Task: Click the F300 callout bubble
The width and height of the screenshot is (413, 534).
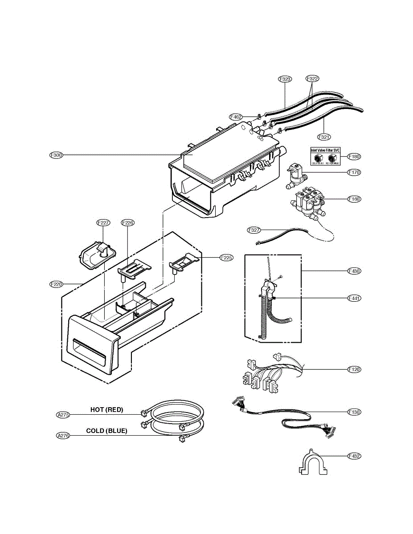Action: (56, 155)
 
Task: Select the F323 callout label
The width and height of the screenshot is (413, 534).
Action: (285, 79)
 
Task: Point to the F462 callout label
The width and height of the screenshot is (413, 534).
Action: (236, 117)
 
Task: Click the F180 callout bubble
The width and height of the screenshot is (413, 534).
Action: (355, 157)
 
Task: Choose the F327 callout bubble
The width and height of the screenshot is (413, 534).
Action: (254, 230)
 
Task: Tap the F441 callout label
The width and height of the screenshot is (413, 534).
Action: (355, 298)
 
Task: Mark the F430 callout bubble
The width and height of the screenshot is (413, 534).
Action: (355, 271)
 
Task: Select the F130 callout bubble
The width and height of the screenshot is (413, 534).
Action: (355, 412)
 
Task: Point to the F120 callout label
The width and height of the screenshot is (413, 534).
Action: (355, 369)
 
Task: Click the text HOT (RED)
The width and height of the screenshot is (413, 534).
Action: (106, 410)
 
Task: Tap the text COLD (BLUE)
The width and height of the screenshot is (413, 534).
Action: (106, 431)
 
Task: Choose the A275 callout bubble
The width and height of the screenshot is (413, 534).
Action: (63, 415)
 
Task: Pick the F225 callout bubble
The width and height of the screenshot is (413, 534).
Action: (227, 257)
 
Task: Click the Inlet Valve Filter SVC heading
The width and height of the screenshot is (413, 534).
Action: (325, 151)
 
